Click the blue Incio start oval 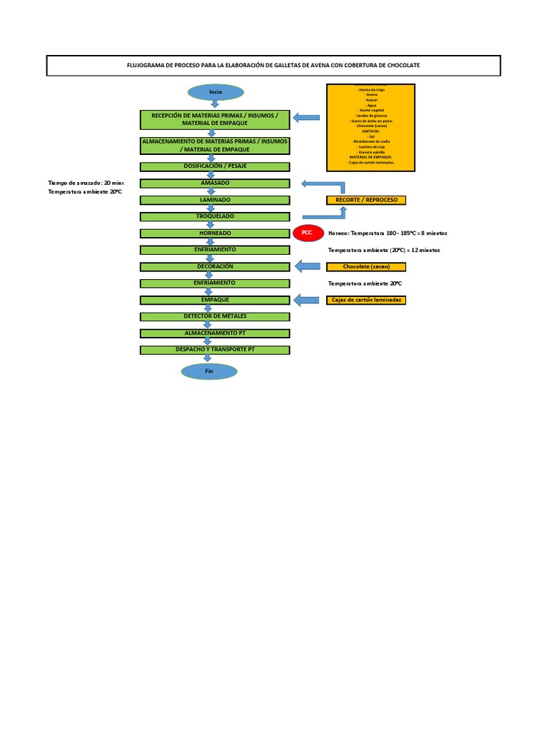coord(215,92)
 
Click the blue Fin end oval coord(209,371)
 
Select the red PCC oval coord(308,233)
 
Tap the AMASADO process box coord(215,183)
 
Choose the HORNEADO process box coord(215,233)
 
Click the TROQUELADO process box coord(215,216)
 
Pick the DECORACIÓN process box coord(215,266)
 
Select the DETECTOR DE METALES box coord(215,316)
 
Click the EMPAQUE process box coord(215,300)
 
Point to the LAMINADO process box coord(215,200)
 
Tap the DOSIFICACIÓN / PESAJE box coord(215,166)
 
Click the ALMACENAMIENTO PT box coord(215,333)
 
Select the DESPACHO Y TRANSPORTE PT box coord(215,350)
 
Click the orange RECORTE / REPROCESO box coord(366,200)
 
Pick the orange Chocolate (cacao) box coord(366,267)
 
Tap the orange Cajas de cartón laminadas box coord(366,301)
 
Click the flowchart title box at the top coord(273,66)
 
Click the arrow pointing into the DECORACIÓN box coord(308,266)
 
